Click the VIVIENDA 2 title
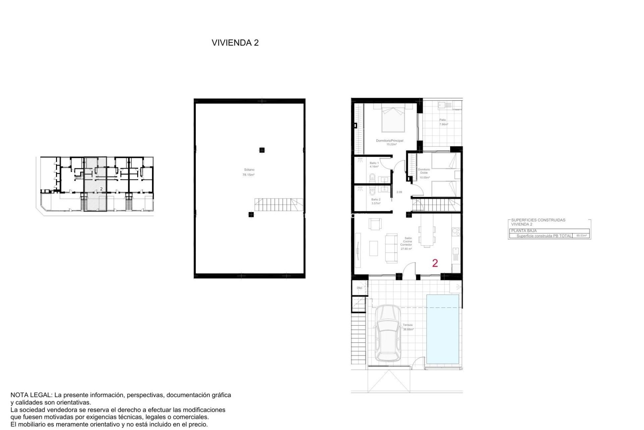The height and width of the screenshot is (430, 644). pos(235,43)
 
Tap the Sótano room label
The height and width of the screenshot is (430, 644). pos(249,170)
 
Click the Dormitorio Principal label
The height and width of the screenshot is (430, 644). pos(389,141)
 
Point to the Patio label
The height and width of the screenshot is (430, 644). pos(443,120)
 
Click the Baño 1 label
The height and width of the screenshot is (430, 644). pos(374,163)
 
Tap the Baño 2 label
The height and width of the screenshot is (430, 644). pos(376,200)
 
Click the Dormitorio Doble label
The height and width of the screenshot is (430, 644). pos(424,171)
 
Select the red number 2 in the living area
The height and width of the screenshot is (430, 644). pos(435,263)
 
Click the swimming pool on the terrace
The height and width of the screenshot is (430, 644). pos(442,329)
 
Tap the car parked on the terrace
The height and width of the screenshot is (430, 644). pos(388,333)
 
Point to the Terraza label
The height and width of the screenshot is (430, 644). pos(408,325)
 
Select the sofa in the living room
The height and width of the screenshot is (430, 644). pos(391,248)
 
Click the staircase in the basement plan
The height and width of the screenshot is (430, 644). pos(278,205)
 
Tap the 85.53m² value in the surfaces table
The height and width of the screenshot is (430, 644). pos(581,236)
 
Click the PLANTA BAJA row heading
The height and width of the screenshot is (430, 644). pos(524,231)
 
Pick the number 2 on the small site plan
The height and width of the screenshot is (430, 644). pos(101,189)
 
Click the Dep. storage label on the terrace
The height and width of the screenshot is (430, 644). pos(360,288)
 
